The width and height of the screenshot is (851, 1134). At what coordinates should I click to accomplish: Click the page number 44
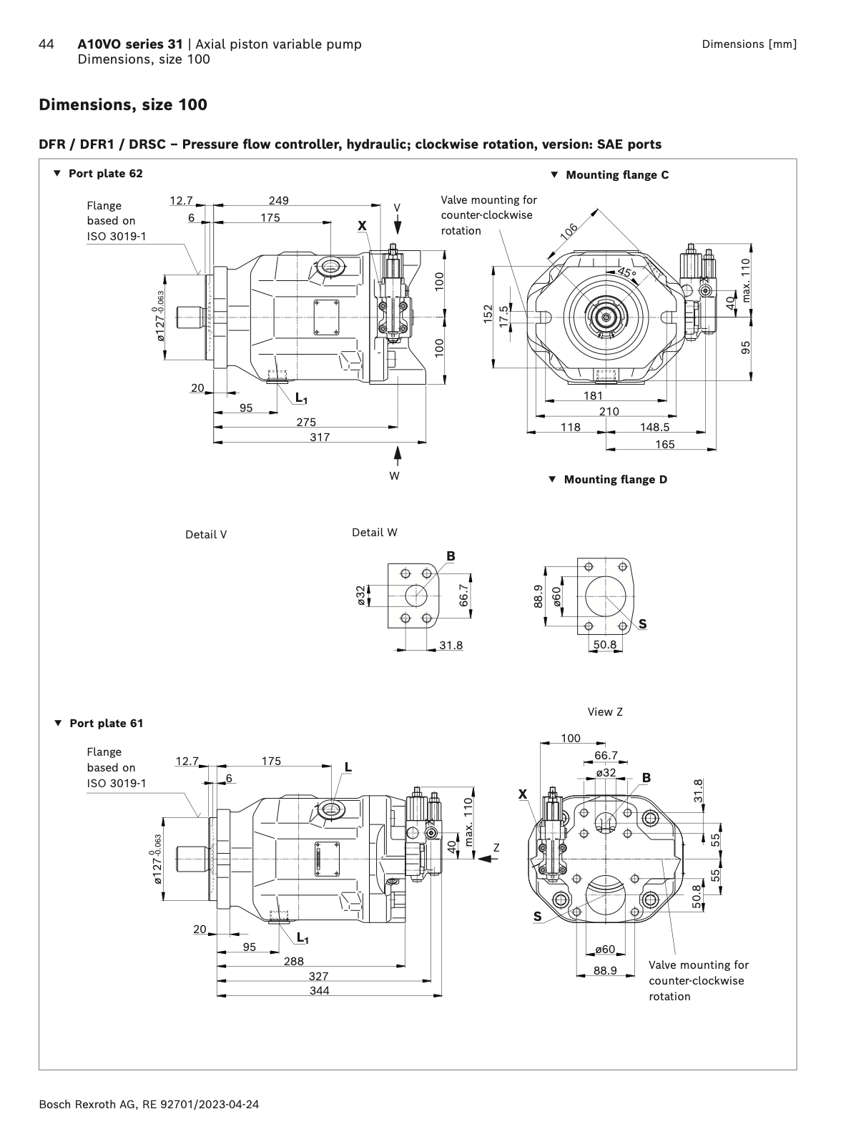[x=46, y=44]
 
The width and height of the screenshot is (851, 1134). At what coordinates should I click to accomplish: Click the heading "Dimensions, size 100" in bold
[x=123, y=105]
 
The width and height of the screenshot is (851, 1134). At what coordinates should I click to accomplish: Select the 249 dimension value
[x=279, y=201]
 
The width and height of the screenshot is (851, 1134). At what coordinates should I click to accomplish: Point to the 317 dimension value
[x=320, y=437]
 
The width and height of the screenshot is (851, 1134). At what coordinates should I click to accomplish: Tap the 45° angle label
[x=626, y=273]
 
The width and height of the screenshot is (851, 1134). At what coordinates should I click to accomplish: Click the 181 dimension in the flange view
[x=593, y=395]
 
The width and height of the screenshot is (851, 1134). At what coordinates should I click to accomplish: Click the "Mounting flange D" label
[x=615, y=479]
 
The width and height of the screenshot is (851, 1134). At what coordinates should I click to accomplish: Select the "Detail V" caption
[x=206, y=534]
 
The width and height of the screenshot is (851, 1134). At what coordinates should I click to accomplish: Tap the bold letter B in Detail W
[x=451, y=556]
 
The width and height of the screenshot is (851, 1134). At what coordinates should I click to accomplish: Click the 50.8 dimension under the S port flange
[x=604, y=644]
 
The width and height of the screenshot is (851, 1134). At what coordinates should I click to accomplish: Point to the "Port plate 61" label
[x=106, y=723]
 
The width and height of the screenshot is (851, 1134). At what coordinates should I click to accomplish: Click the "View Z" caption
[x=605, y=711]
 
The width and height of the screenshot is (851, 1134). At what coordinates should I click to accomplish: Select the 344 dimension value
[x=320, y=990]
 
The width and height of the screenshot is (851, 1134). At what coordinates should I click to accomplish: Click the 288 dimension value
[x=293, y=961]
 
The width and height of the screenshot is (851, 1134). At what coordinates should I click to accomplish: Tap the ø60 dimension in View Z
[x=605, y=950]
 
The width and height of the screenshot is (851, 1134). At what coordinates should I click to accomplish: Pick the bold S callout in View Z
[x=537, y=917]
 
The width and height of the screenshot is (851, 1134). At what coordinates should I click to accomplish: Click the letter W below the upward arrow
[x=394, y=475]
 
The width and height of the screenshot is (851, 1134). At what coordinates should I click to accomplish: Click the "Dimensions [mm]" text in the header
[x=749, y=44]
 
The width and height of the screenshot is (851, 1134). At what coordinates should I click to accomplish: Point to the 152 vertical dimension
[x=488, y=315]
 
